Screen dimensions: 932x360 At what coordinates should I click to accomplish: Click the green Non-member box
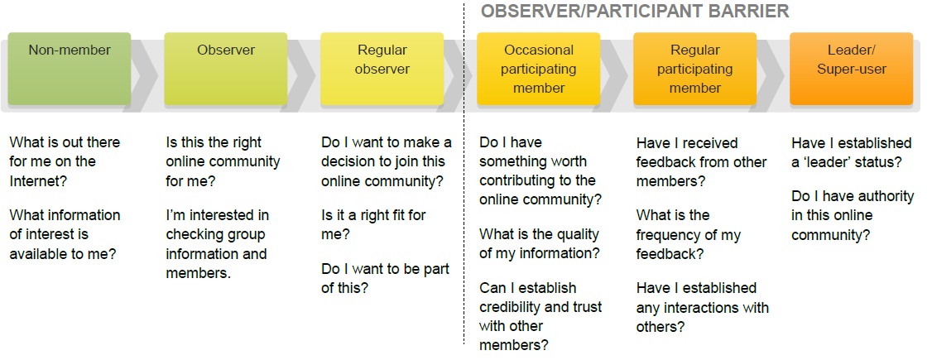tap(70, 69)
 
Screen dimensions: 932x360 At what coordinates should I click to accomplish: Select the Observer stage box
tap(226, 69)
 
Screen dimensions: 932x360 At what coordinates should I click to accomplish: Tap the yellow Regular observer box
tap(382, 69)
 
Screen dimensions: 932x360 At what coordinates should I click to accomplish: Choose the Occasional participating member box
tap(539, 69)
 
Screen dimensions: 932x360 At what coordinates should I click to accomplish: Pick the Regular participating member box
tap(694, 69)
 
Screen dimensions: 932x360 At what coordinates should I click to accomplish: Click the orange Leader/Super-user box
tap(851, 69)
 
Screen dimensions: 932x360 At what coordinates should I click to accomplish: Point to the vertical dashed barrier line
tap(464, 172)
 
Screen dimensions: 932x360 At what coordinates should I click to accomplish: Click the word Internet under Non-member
tap(38, 180)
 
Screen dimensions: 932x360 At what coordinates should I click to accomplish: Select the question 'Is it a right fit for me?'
tap(374, 224)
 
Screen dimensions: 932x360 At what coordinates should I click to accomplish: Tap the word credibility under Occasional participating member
tap(513, 307)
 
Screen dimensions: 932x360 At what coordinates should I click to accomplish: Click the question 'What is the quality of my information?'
tap(540, 243)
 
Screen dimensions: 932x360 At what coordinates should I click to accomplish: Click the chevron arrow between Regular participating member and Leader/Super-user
tap(771, 75)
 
